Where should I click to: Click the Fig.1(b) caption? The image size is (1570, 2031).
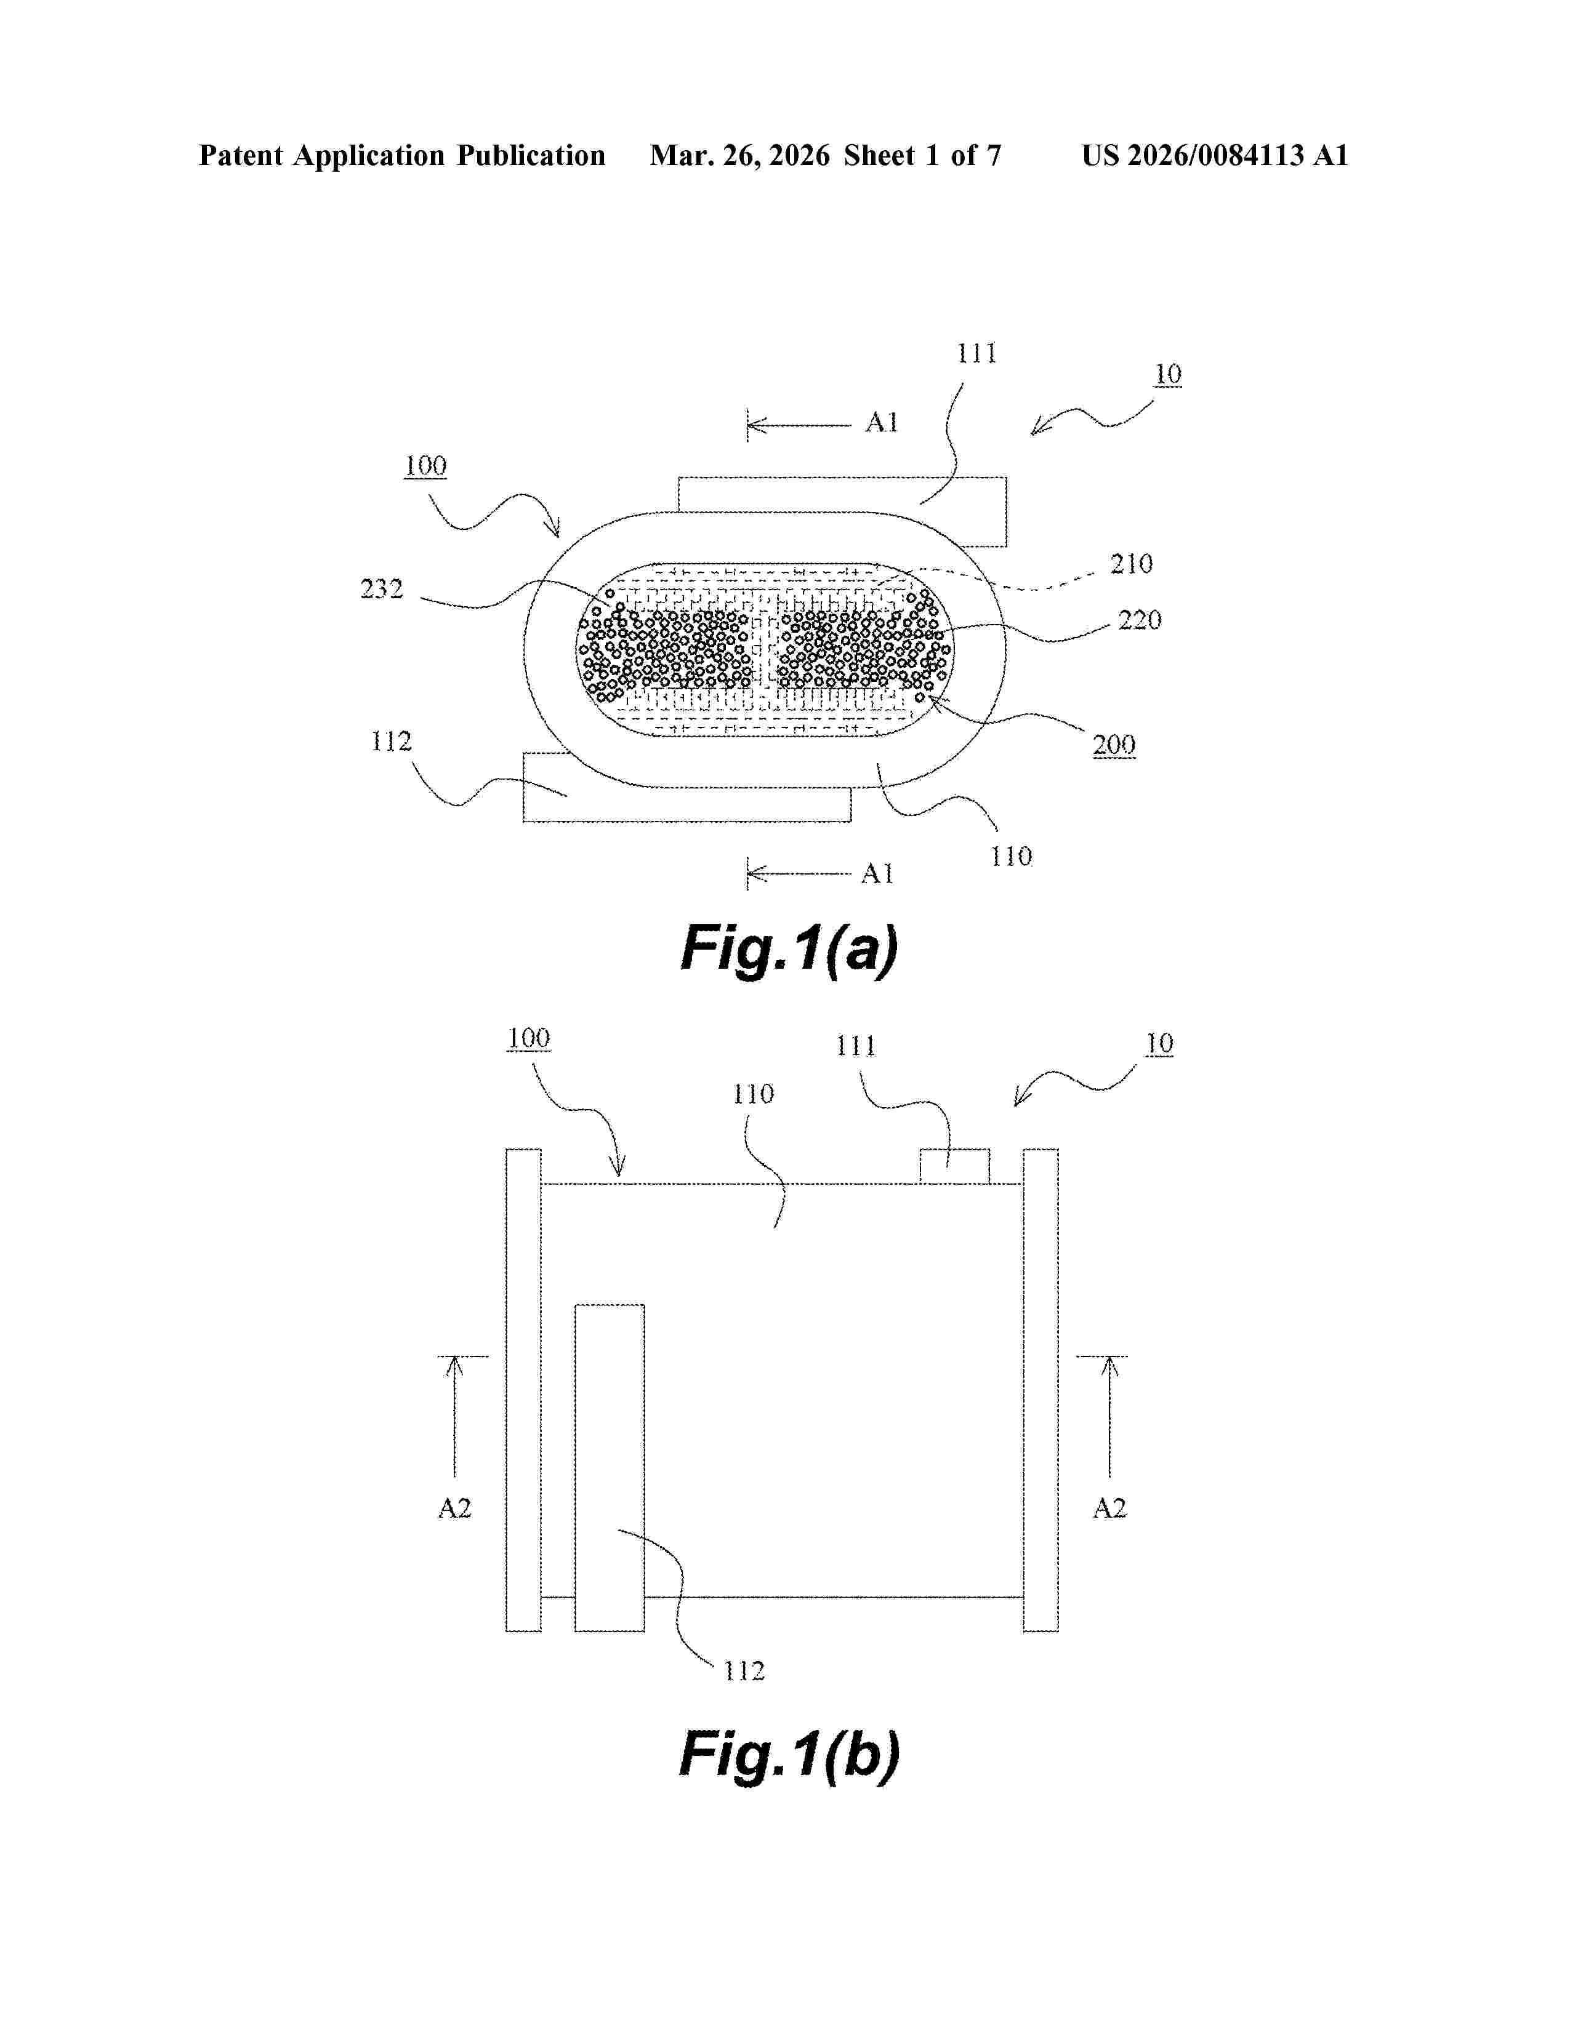(x=789, y=1754)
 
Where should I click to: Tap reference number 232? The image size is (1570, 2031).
(x=381, y=588)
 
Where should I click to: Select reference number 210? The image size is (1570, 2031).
(x=1131, y=564)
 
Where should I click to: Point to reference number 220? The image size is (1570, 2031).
(x=1140, y=620)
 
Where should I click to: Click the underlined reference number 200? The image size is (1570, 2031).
(x=1113, y=745)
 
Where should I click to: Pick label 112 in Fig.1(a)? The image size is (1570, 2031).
(x=390, y=741)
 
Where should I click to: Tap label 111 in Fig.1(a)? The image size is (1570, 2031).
(x=976, y=353)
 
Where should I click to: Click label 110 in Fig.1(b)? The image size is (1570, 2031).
(x=752, y=1094)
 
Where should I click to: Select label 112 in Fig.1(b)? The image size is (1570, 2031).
(x=744, y=1671)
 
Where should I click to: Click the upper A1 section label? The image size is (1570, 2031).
(x=881, y=423)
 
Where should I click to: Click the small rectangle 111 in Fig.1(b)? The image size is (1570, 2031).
(x=954, y=1166)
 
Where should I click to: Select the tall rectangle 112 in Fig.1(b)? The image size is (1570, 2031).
(x=609, y=1469)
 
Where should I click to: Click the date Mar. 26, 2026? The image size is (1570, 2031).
(x=739, y=155)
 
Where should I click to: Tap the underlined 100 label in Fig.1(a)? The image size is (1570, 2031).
(x=425, y=466)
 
